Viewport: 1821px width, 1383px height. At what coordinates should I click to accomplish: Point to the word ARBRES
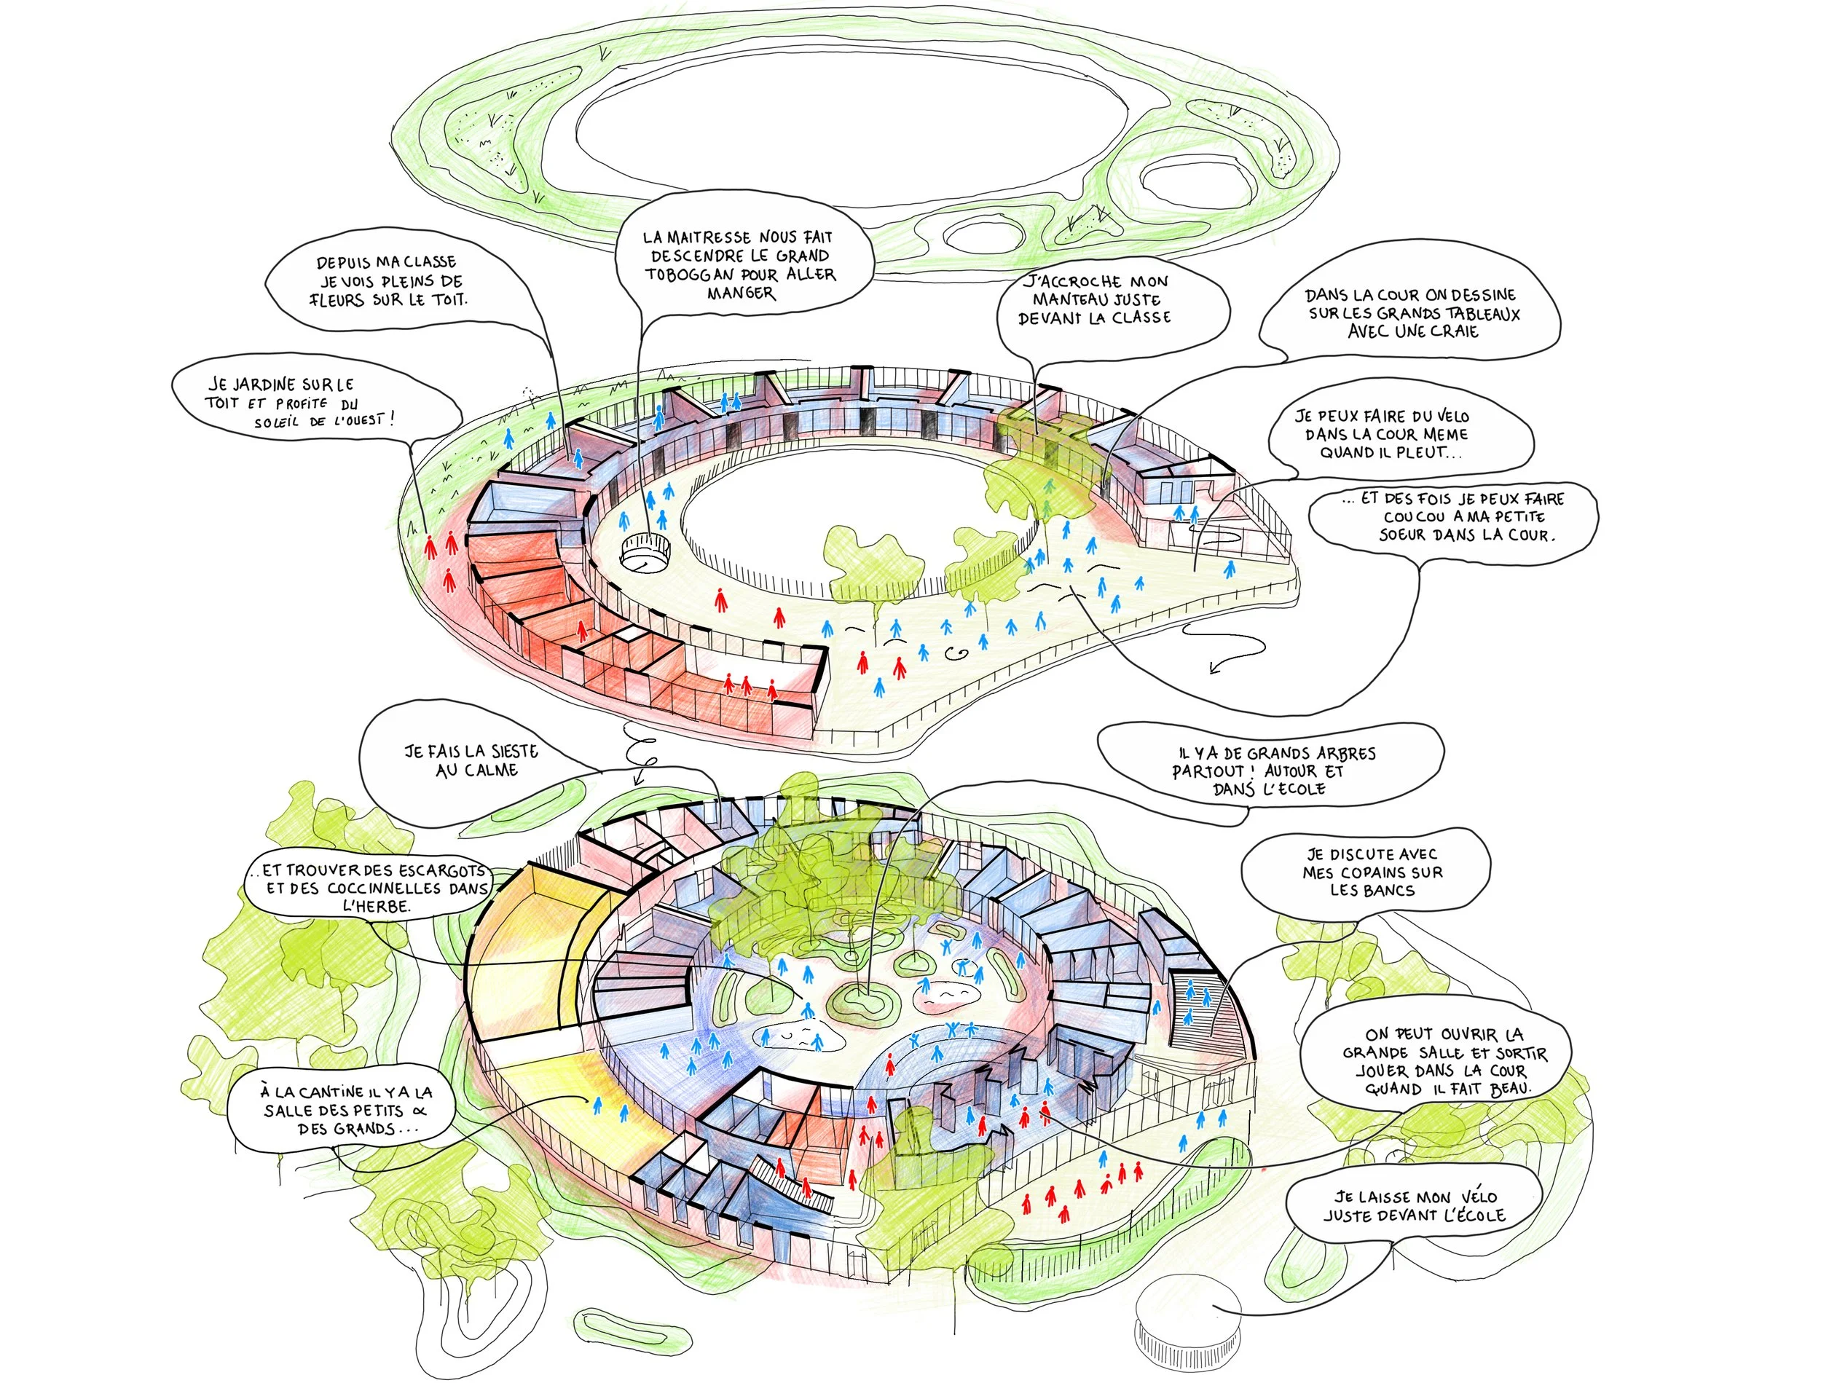[1345, 753]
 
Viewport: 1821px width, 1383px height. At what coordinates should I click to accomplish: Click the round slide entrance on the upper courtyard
[645, 551]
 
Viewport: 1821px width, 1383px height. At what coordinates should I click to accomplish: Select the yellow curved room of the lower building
[533, 955]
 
